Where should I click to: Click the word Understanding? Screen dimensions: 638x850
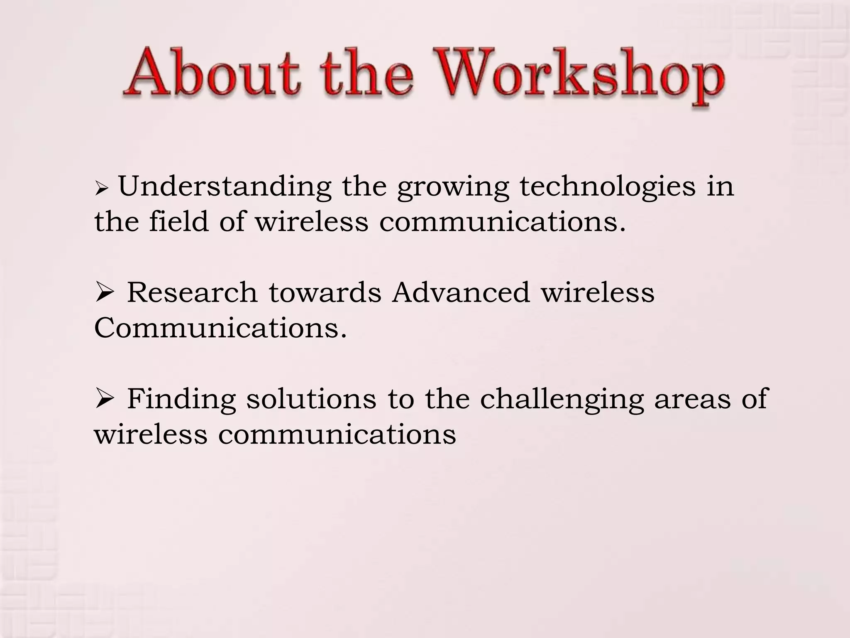pyautogui.click(x=225, y=186)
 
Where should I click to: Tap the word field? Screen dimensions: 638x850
pyautogui.click(x=179, y=221)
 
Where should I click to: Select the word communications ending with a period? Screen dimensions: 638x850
pyautogui.click(x=502, y=222)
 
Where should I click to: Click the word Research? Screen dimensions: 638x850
pyautogui.click(x=192, y=292)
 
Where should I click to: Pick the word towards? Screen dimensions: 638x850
pyautogui.click(x=325, y=292)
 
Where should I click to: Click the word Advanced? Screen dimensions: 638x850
pyautogui.click(x=461, y=292)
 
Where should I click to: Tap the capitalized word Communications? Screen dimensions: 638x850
pyautogui.click(x=220, y=328)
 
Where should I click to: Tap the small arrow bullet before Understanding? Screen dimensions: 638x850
pyautogui.click(x=101, y=189)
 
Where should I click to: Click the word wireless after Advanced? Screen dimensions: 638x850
pyautogui.click(x=597, y=292)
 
